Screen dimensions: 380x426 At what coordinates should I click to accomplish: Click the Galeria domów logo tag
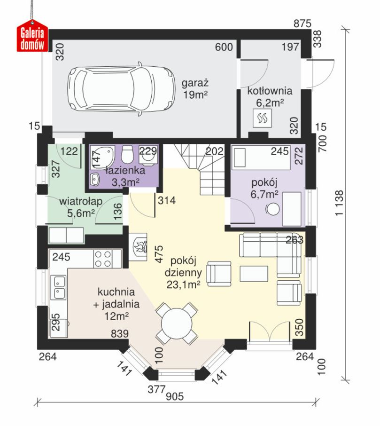(32, 38)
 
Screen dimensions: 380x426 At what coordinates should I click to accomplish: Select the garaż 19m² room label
(195, 89)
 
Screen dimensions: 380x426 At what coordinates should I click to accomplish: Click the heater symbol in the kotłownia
(262, 118)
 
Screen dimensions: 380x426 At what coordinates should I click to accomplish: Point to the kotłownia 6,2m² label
(270, 96)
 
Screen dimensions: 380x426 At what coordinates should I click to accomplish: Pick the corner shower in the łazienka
(102, 158)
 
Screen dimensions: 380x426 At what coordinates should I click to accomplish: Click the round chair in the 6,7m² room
(272, 209)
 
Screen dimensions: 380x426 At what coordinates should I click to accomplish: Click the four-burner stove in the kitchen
(103, 259)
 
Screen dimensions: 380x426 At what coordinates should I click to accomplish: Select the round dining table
(177, 323)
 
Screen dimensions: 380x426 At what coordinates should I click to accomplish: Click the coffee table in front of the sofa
(254, 274)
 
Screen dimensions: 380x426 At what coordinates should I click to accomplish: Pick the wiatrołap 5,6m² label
(81, 207)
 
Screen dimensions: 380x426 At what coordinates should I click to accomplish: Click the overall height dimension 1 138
(339, 203)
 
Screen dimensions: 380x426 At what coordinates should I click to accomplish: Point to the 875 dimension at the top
(302, 24)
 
